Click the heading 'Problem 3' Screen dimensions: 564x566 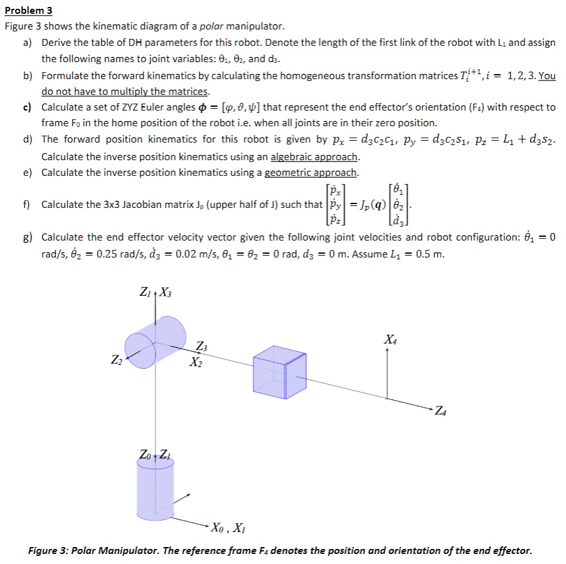[29, 10]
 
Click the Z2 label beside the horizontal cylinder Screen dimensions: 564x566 [117, 360]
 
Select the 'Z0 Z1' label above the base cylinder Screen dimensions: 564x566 [154, 454]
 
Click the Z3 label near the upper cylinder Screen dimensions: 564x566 [201, 347]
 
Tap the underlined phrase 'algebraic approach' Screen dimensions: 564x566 [314, 156]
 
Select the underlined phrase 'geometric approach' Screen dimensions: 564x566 [311, 173]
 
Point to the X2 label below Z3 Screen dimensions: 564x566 [196, 363]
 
